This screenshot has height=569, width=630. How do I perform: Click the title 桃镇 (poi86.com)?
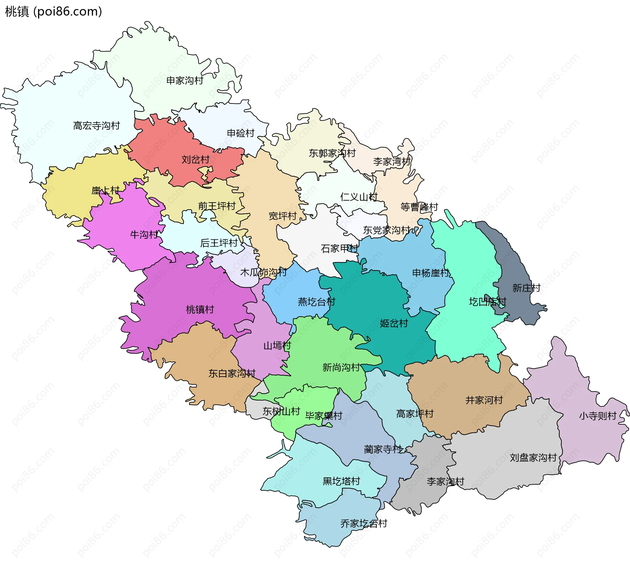53,12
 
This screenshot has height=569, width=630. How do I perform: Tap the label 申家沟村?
185,80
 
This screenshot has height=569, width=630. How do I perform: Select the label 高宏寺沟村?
96,126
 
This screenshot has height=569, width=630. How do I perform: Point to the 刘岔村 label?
196,160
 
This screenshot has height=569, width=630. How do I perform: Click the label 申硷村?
241,133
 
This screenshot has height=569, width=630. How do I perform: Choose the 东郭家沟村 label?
332,153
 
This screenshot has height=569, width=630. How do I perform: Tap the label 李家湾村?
392,162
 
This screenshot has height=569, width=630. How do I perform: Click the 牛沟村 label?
144,235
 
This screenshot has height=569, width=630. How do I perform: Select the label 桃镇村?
200,310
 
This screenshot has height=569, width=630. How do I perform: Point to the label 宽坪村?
283,216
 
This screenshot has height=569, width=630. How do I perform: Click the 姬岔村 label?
394,323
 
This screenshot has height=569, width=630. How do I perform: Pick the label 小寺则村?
598,416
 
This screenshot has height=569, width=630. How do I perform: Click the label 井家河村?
484,400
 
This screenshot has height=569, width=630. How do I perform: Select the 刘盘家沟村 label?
533,458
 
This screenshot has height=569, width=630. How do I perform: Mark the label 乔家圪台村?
364,523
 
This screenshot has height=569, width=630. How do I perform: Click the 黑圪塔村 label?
341,481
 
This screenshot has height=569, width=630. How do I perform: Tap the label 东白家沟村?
232,374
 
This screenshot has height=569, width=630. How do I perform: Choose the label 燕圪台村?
316,302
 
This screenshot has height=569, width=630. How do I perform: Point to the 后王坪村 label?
219,243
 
